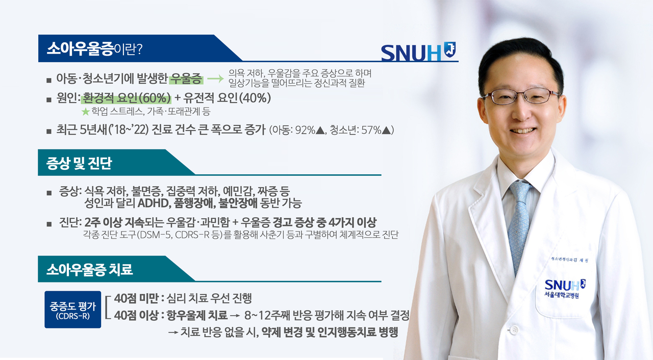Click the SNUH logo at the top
(418, 52)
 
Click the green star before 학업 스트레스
(85, 112)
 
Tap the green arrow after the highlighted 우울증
(215, 79)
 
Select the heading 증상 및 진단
(79, 163)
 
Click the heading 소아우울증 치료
(89, 270)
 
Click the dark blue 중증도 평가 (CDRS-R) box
(73, 310)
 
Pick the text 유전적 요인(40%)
(227, 98)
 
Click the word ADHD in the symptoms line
(154, 203)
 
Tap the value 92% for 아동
(305, 130)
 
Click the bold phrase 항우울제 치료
(197, 315)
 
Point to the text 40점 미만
(136, 298)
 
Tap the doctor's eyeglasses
(521, 96)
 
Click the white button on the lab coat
(514, 330)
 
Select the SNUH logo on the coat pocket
(565, 289)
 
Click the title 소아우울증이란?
(95, 48)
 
